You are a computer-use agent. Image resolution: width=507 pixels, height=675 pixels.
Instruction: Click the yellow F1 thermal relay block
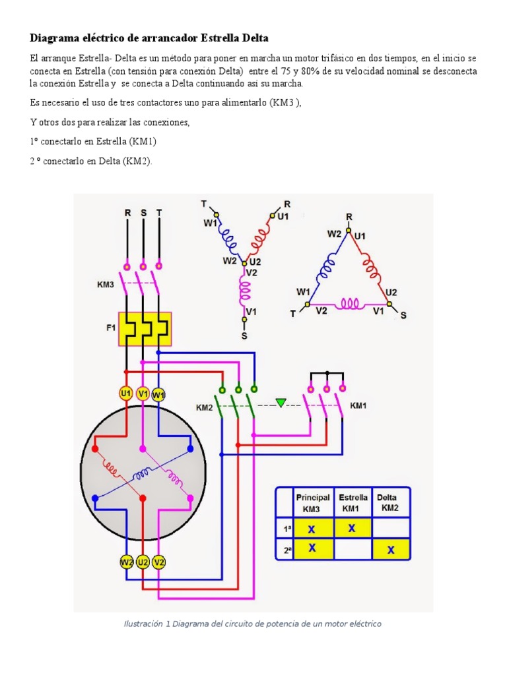(145, 329)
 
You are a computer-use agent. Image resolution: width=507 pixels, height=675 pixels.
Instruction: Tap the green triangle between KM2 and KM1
(281, 403)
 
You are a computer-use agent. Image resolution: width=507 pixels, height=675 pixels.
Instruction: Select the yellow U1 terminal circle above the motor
(126, 394)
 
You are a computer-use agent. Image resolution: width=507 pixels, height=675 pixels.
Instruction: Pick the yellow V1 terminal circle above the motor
(143, 394)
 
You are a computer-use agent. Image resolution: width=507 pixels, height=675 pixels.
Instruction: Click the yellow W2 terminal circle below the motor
(126, 562)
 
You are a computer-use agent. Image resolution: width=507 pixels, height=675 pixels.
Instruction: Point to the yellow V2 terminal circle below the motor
(159, 562)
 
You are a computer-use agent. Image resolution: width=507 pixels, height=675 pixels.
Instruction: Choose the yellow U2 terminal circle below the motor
(143, 562)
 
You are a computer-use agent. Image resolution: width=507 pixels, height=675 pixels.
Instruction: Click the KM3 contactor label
(105, 285)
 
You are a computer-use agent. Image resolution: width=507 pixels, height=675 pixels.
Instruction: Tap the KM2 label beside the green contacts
(205, 407)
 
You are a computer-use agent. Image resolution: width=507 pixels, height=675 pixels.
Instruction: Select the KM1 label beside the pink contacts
(358, 405)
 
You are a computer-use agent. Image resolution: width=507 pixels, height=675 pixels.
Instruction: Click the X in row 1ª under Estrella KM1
(352, 528)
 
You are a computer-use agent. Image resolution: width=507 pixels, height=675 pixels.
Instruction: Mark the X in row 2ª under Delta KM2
(391, 550)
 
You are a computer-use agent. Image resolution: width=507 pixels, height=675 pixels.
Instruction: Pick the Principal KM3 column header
(312, 503)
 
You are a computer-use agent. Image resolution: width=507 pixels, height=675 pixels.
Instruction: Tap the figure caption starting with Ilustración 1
(253, 624)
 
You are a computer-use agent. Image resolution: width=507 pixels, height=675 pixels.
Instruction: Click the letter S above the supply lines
(143, 213)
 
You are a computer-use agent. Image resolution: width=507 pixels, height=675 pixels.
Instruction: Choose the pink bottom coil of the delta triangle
(350, 304)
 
